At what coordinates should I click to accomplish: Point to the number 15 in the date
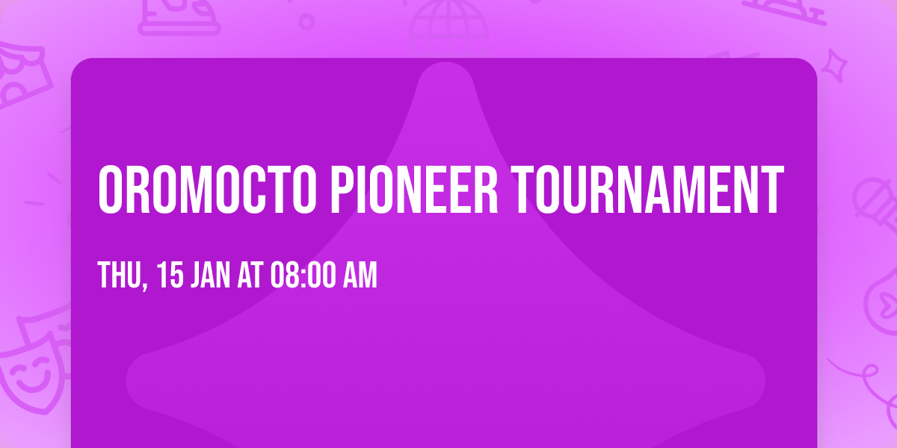(170, 276)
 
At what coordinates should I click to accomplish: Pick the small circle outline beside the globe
(306, 21)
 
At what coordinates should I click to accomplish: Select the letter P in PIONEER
(340, 190)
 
